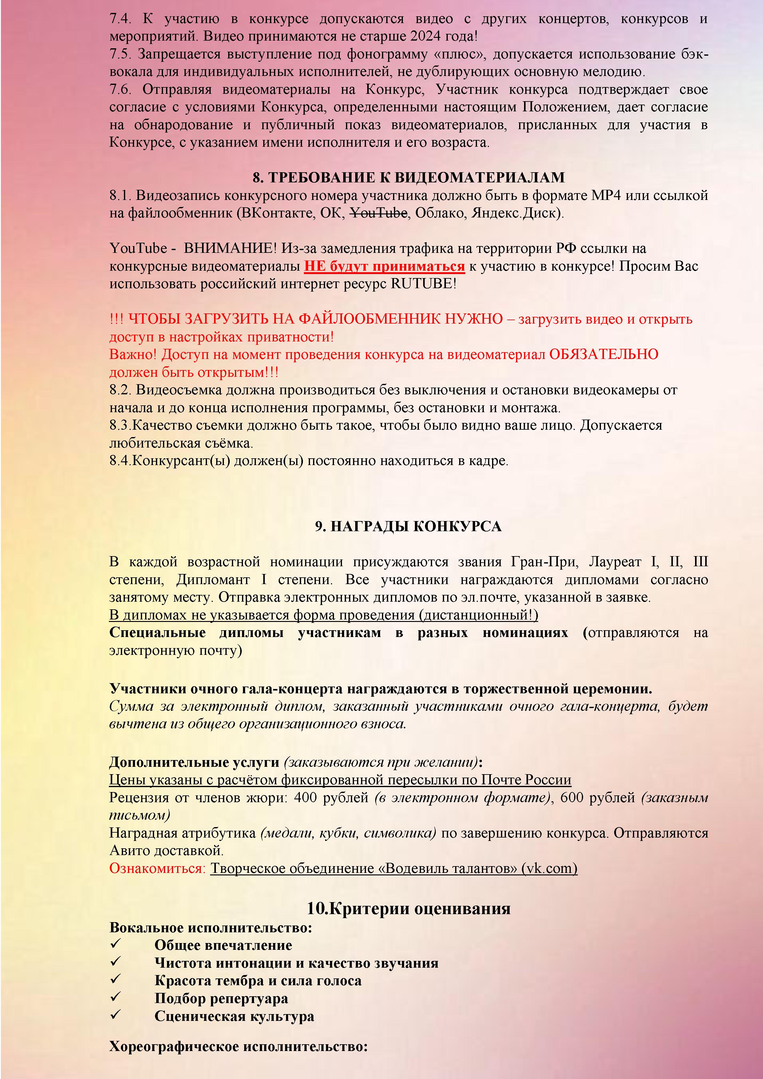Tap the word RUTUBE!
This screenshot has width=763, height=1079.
coord(423,284)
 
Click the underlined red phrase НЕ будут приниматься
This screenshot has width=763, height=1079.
coord(384,266)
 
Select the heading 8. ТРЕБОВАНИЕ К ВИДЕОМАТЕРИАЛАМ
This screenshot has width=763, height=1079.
coord(408,178)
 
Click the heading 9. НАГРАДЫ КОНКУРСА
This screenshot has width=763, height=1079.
coord(408,526)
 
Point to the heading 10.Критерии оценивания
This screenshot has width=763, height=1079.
coord(408,908)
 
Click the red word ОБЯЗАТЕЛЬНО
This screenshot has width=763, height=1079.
coord(603,354)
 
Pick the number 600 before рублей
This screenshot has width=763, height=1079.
coord(571,798)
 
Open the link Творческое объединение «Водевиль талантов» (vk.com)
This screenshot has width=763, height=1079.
coord(393,869)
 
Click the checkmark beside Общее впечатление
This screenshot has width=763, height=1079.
coord(116,944)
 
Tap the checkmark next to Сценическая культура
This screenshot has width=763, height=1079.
coord(116,1015)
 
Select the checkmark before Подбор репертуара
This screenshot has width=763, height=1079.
coord(116,997)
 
